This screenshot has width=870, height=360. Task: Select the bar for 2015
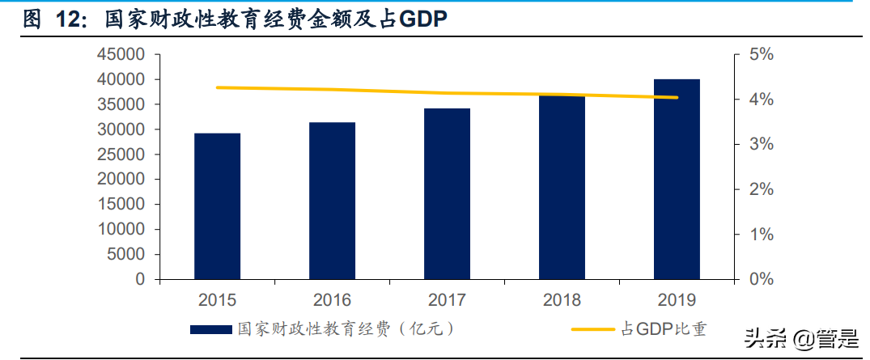pos(217,206)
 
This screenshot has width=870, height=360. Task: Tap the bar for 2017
pos(447,194)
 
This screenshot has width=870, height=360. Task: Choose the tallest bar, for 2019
pos(677,179)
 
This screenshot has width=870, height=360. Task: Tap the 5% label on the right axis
pos(761,55)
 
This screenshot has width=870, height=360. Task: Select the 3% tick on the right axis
pos(761,145)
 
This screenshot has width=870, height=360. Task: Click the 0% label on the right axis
pos(761,279)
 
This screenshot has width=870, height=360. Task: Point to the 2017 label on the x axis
pos(447,300)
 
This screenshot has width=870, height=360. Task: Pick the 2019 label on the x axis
pos(677,300)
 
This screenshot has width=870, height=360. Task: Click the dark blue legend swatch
pos(212,330)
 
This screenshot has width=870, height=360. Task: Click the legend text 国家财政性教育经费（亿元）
pos(344,329)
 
